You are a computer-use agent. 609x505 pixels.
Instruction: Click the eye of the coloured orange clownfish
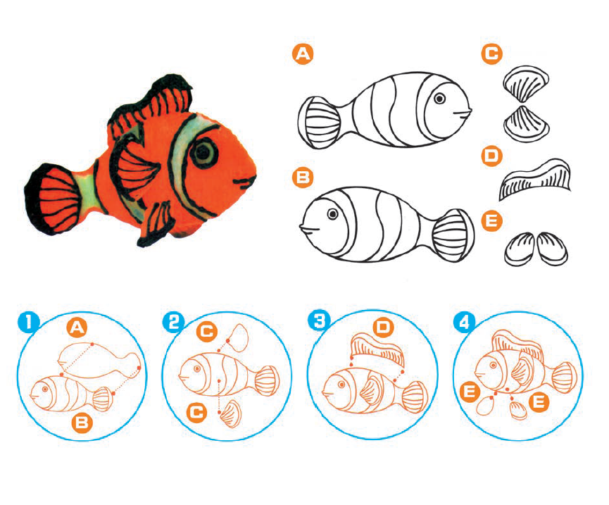coord(203,152)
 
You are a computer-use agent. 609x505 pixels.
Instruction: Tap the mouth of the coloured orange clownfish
coord(245,182)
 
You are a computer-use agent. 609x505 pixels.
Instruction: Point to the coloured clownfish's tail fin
coord(52,199)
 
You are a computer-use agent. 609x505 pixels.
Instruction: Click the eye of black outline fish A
coord(439,99)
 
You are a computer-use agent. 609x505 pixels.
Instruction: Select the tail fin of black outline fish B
coord(453,235)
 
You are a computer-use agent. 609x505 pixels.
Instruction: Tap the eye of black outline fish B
coord(332,214)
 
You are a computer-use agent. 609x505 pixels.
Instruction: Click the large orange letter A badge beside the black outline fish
coord(303,54)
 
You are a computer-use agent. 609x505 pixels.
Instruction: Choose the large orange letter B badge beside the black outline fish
coord(303,177)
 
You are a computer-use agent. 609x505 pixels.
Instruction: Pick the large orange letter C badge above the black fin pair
coord(492,54)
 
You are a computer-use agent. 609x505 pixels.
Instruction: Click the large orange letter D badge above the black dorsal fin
coord(491,156)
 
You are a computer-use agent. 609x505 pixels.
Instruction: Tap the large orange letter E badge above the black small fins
coord(491,220)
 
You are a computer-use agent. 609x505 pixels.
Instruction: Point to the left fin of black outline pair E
coord(520,249)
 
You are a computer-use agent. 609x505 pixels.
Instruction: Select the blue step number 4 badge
coord(465,323)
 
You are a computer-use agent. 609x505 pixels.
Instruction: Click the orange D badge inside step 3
coord(383,328)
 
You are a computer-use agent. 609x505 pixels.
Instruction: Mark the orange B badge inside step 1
coord(82,422)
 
